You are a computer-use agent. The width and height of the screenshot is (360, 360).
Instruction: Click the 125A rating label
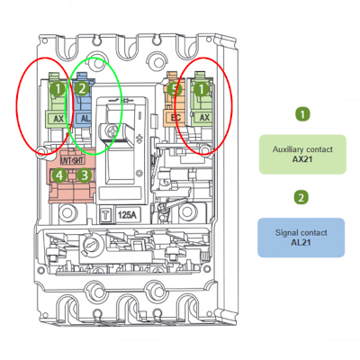[127, 215]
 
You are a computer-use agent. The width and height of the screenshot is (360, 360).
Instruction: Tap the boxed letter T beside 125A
[106, 215]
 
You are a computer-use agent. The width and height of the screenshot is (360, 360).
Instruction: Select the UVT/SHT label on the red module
[73, 160]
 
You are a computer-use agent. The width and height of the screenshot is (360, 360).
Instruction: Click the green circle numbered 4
[59, 175]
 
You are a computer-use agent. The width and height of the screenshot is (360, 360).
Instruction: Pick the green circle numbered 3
[85, 175]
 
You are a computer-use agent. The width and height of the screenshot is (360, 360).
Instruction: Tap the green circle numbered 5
[175, 89]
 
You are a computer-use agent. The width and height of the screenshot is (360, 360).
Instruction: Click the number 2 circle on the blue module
[82, 89]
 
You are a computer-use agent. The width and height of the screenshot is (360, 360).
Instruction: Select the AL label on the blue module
[85, 118]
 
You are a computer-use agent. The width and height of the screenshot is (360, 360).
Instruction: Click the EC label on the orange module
[175, 118]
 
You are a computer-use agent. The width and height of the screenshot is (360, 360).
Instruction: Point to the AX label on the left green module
[58, 119]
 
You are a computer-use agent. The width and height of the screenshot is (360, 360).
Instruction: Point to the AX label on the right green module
[204, 118]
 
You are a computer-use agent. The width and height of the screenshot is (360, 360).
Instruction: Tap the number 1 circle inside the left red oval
[58, 89]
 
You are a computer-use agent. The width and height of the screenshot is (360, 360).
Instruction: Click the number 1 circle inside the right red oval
[202, 89]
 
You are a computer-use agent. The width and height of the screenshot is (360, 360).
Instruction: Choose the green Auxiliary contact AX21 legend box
[302, 154]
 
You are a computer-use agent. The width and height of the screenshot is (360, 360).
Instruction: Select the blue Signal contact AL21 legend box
[301, 238]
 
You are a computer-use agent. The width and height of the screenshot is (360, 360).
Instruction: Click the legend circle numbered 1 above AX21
[302, 114]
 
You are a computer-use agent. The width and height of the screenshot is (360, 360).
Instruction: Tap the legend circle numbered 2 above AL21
[301, 198]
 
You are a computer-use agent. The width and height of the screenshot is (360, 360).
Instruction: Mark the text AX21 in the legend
[302, 159]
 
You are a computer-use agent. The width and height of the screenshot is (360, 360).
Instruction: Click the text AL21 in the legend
[301, 242]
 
